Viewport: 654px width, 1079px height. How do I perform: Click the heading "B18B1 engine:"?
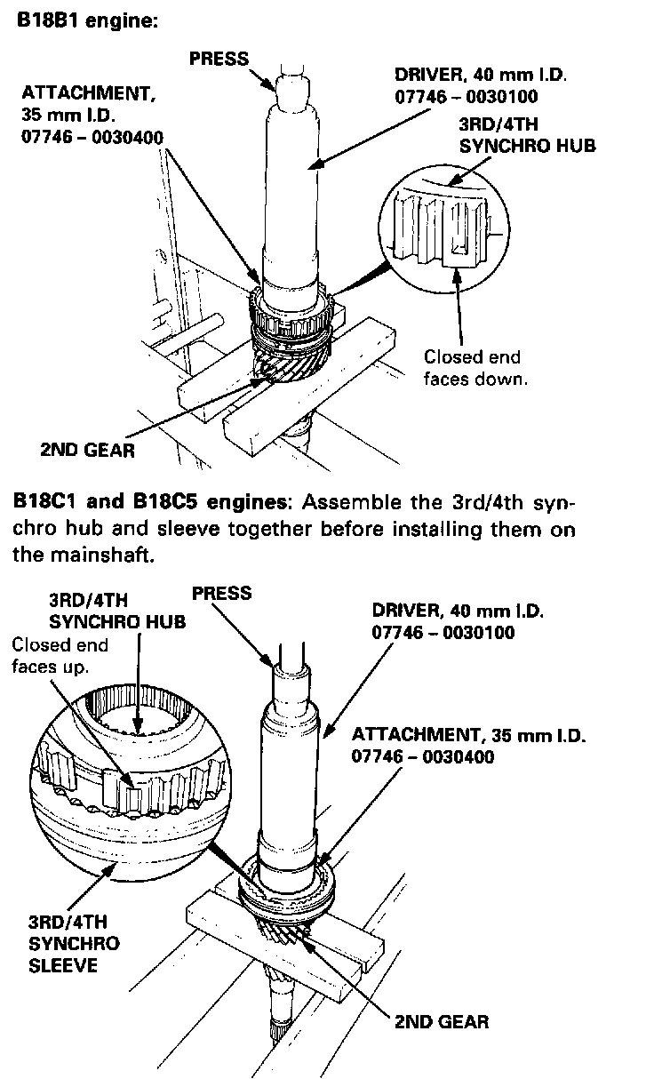87,20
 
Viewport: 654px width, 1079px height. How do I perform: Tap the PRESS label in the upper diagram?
219,59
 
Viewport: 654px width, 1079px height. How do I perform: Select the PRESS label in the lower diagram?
222,593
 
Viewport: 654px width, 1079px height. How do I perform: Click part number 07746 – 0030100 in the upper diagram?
467,96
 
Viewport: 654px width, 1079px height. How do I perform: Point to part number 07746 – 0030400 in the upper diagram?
92,137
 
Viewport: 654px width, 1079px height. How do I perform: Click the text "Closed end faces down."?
475,368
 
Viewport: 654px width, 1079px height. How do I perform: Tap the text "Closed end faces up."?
60,656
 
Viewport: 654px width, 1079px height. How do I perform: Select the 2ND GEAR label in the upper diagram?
88,451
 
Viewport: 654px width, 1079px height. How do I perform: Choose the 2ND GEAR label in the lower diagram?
442,1022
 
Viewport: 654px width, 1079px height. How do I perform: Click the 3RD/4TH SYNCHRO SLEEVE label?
74,943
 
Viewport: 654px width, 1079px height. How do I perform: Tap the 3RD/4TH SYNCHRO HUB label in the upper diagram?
527,135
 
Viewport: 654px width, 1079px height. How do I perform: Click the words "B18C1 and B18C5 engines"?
150,502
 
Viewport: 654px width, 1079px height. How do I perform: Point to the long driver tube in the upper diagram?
291,193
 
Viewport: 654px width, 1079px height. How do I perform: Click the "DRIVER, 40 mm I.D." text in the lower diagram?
458,611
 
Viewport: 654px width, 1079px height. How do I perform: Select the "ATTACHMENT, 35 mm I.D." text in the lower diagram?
468,735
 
